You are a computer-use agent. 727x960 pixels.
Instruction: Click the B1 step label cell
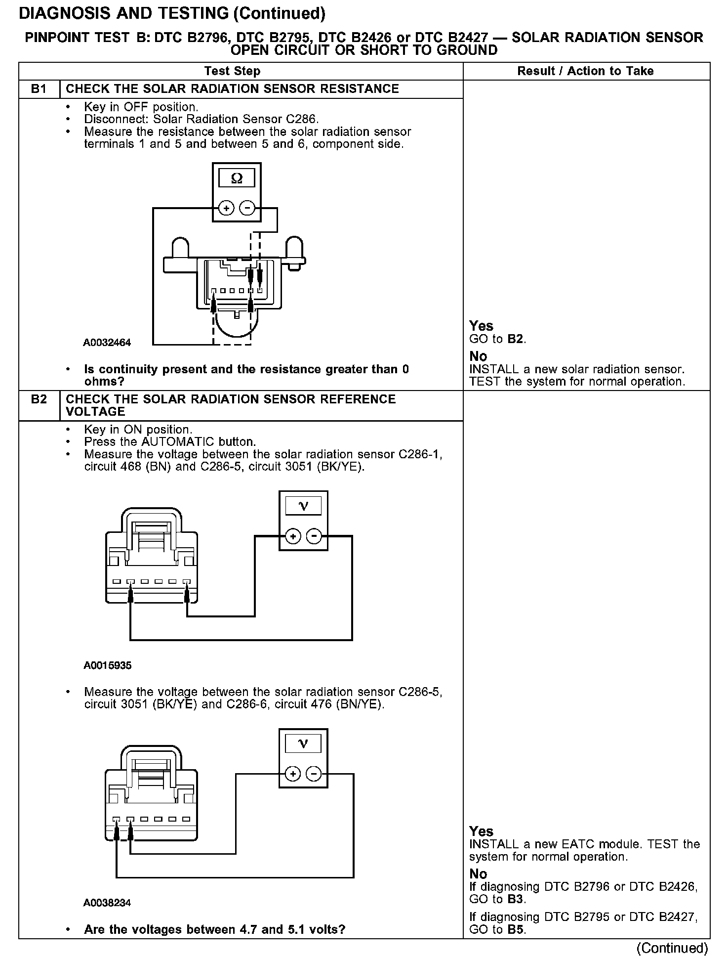pos(39,89)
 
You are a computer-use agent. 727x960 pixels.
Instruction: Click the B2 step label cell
pos(39,399)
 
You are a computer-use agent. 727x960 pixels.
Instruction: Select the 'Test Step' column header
pos(232,71)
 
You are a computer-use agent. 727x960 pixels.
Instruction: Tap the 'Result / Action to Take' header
pos(585,71)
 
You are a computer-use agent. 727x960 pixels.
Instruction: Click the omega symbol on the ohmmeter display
pos(237,178)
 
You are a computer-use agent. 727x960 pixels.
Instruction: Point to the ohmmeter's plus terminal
pos(227,208)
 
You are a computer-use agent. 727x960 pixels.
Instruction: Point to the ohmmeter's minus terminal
pos(247,208)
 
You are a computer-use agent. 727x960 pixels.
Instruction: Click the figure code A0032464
pos(107,343)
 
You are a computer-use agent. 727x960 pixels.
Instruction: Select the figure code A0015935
pos(107,665)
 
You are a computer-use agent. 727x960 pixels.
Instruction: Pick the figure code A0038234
pos(107,903)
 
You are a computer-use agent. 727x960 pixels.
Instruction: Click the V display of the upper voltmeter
pos(303,506)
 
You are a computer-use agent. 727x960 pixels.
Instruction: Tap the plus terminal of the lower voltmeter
pos(293,774)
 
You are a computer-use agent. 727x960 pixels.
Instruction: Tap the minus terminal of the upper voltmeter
pos(314,536)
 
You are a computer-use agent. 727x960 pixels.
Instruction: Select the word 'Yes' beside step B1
pos(481,326)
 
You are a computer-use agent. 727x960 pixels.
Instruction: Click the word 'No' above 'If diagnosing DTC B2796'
pos(478,873)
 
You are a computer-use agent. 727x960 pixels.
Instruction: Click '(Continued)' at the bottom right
pos(672,948)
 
